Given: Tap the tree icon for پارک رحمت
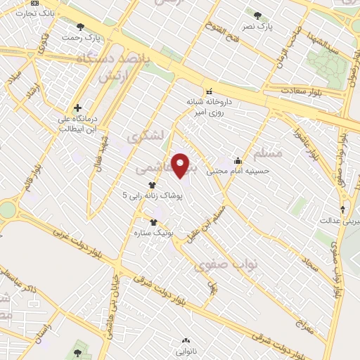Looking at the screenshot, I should pos(79,27).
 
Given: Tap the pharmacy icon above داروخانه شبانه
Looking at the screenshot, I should pos(208,91).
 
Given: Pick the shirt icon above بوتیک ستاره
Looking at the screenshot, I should pos(153,222).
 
